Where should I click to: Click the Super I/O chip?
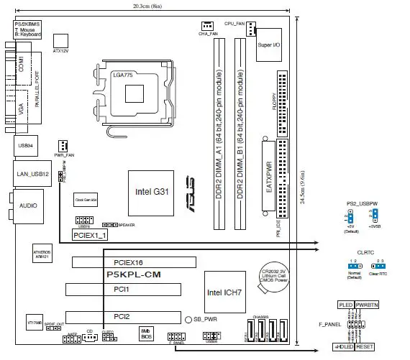pyautogui.click(x=272, y=45)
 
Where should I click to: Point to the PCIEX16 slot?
pyautogui.click(x=132, y=263)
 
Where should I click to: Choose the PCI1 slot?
pyautogui.click(x=132, y=290)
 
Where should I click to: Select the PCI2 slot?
pyautogui.click(x=132, y=316)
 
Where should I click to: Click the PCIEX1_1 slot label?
pyautogui.click(x=91, y=235)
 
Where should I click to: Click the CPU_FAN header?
pyautogui.click(x=251, y=29)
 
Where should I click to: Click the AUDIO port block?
pyautogui.click(x=28, y=205)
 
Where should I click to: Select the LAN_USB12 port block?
pyautogui.click(x=32, y=175)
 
